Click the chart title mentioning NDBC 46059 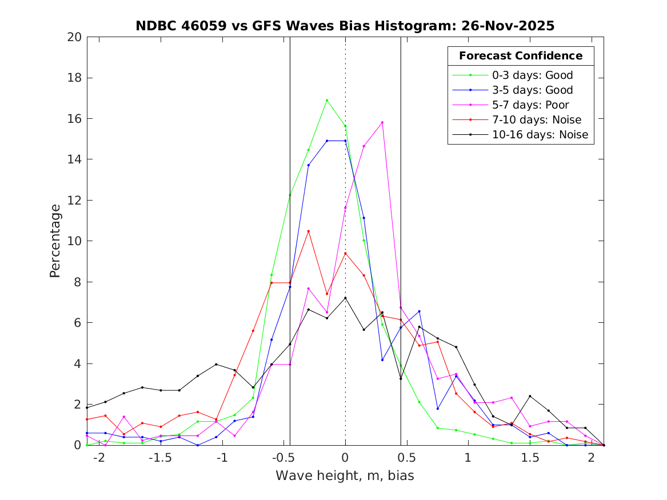345,26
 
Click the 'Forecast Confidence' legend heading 521,56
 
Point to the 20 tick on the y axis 75,37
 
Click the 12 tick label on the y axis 75,201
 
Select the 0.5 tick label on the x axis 406,458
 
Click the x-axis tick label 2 591,458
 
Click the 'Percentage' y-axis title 55,241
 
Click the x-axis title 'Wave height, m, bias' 345,476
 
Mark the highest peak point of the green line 327,101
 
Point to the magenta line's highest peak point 382,122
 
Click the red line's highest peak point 308,231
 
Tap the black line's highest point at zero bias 345,298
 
